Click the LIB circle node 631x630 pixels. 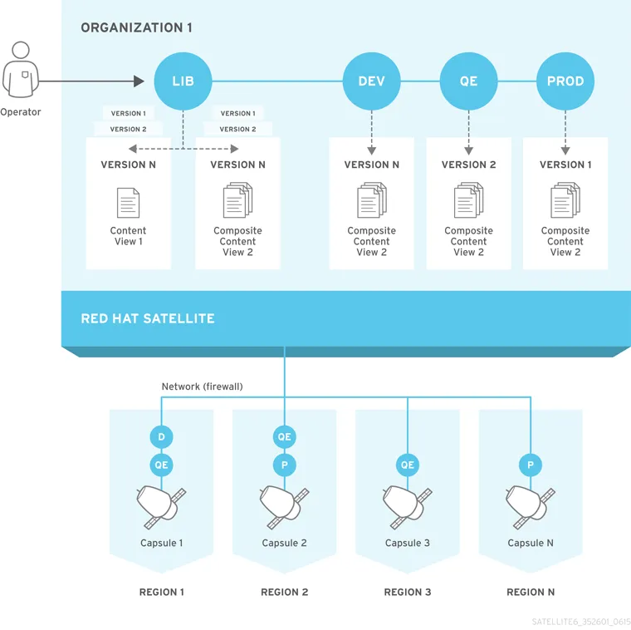tap(183, 81)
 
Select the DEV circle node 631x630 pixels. tap(371, 81)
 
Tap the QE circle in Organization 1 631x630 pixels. tap(468, 81)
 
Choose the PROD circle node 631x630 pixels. tap(565, 81)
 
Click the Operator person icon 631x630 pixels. tap(20, 70)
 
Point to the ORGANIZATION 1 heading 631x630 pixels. tap(136, 28)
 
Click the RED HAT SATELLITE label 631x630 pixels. tap(148, 318)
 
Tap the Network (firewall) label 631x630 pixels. tap(202, 386)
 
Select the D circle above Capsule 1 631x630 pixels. tap(161, 437)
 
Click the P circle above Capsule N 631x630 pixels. tap(531, 465)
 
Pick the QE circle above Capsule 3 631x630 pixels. tap(407, 465)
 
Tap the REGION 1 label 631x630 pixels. tap(161, 593)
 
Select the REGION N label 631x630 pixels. tap(531, 593)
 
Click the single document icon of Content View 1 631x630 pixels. tap(128, 203)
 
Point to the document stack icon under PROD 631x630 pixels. tap(565, 201)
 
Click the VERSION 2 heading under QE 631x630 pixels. tap(468, 165)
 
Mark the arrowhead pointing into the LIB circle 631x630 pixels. tap(139, 81)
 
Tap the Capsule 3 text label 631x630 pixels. tap(407, 544)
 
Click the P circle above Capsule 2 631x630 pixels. tap(284, 465)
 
